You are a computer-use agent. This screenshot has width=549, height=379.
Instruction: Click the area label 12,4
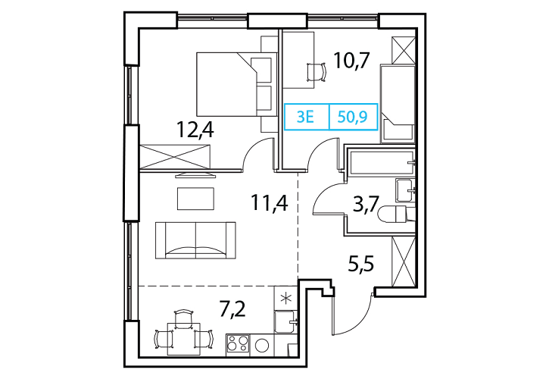click(x=195, y=130)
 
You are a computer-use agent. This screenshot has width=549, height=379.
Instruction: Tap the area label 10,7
click(x=351, y=61)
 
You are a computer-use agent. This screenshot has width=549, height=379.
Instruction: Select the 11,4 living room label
click(x=270, y=202)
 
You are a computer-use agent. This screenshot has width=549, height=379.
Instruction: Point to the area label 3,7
click(x=366, y=205)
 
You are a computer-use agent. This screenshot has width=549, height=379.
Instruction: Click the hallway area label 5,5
click(x=361, y=264)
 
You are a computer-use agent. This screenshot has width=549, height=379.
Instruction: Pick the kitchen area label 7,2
click(x=232, y=309)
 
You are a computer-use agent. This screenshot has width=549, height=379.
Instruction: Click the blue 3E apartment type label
click(x=305, y=117)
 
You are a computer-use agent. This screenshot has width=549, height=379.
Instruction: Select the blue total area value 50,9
click(x=352, y=117)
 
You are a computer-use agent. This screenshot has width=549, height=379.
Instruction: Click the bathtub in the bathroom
click(x=381, y=162)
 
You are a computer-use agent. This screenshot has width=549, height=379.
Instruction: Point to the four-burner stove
click(x=238, y=343)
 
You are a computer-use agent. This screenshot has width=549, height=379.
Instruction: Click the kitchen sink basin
click(x=285, y=322)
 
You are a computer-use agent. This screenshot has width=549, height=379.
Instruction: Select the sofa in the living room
click(x=195, y=240)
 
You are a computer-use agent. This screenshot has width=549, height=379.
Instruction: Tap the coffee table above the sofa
click(x=195, y=199)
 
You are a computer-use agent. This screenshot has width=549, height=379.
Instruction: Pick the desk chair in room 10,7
click(x=317, y=73)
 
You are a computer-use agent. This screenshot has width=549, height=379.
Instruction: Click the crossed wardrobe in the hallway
click(x=404, y=262)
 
